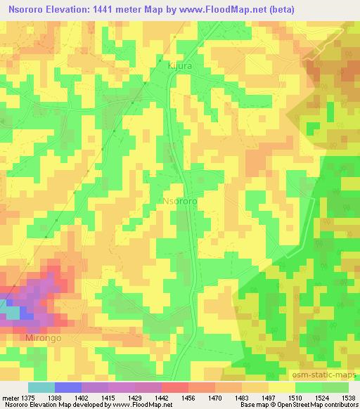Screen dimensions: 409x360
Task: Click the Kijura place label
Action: (181, 65)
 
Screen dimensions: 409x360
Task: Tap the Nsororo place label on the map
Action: (180, 200)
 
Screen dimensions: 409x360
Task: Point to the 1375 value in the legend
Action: (27, 398)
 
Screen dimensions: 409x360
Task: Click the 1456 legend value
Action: (189, 398)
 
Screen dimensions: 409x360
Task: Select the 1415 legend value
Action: (108, 398)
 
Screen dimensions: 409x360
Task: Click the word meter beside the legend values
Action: (9, 398)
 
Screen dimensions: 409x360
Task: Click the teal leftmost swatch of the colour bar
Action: (41, 387)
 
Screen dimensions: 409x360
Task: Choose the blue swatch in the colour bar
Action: (68, 387)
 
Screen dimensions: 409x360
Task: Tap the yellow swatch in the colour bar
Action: (281, 387)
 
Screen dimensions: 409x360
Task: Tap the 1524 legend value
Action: (322, 398)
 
